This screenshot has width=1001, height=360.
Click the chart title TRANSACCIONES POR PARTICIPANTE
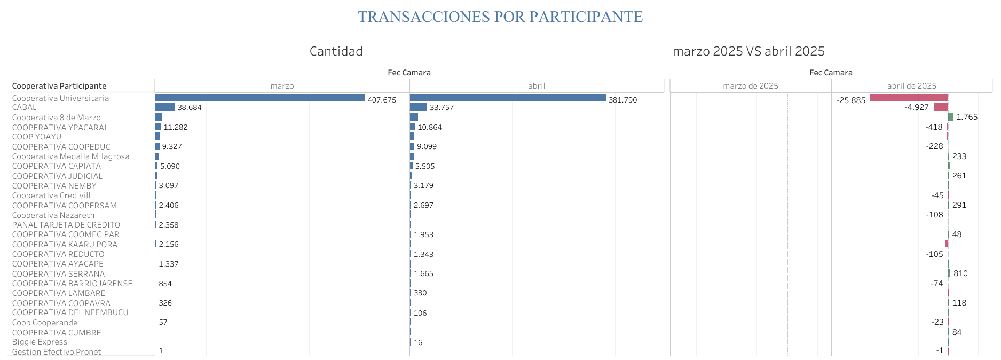coord(500,17)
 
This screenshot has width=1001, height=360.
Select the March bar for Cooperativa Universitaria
coord(260,98)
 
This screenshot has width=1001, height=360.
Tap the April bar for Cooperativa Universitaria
coord(508,98)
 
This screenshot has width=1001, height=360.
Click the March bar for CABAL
coord(165,107)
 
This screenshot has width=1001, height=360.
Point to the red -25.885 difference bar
coord(909,98)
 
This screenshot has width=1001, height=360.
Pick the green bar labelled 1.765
coord(950,117)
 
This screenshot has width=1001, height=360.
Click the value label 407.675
coord(382,100)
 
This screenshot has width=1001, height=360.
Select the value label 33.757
coord(442,107)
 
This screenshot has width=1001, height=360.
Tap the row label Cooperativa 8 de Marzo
coord(56,118)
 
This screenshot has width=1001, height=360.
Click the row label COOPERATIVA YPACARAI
coord(59,127)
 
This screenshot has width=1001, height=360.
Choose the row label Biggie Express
coord(40,342)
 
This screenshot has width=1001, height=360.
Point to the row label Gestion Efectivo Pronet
coord(57,352)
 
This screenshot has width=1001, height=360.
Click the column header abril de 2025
coord(911,86)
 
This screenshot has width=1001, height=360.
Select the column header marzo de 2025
coord(750,86)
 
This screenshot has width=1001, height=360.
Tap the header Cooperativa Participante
coord(59,86)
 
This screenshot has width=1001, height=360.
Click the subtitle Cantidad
coord(336,51)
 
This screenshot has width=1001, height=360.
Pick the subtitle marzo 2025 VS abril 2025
coord(748,51)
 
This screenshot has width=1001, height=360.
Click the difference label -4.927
coord(917,107)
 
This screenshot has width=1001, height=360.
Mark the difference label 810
coord(960,273)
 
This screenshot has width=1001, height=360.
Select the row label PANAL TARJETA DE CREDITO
coord(66,225)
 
